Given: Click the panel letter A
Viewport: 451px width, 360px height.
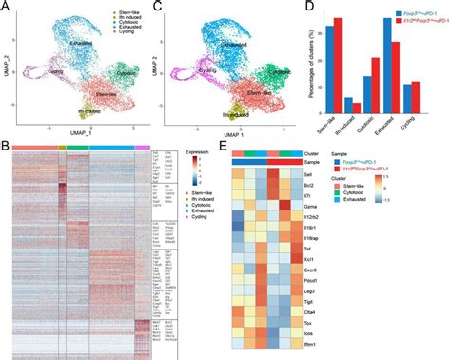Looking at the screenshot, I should (6, 7).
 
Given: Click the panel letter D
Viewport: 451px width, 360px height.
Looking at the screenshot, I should (304, 7).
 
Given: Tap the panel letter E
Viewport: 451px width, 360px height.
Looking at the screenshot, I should (224, 148).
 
